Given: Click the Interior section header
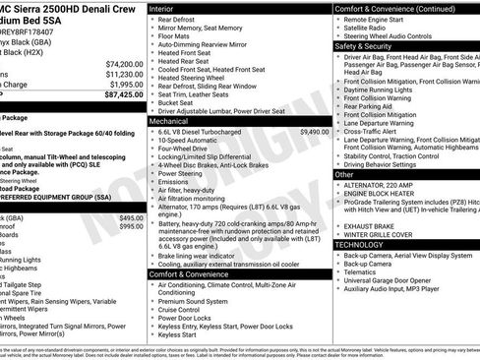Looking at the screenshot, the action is pos(161,8).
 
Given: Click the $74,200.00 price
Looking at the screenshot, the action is pos(124,63).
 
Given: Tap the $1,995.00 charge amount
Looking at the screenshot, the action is pos(127,85).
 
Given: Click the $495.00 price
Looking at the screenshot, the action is pos(131,217).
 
